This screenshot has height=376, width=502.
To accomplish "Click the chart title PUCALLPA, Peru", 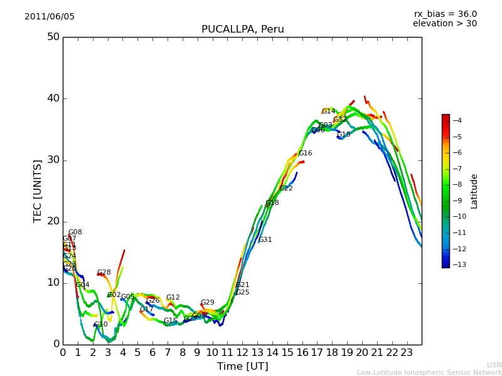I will pos(242,29).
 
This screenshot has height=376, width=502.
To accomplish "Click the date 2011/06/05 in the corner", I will pos(50,17).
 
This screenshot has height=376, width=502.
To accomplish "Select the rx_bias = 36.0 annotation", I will pos(445,14).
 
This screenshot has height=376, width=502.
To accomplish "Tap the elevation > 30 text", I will pos(444,24).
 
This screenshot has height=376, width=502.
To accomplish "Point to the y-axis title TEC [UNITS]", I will pos(38,191).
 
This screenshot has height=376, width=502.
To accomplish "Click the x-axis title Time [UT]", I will pos(242,366).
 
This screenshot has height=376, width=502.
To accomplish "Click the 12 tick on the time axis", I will pos(242,352).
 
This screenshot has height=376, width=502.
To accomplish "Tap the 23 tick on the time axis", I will pos(407,352).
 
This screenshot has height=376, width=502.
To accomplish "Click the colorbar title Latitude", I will pos(474,191).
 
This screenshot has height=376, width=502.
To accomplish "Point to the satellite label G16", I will pos(305,154).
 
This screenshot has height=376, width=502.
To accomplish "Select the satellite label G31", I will pos(265,240).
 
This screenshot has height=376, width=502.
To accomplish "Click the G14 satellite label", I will pos(329,112).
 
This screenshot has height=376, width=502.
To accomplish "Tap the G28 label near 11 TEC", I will pos(104,273).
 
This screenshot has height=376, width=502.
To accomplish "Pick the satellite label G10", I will pos(101,325).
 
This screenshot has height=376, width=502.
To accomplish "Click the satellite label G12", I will pos(173,298).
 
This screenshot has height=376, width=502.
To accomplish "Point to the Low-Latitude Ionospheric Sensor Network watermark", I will pos(429,372).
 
